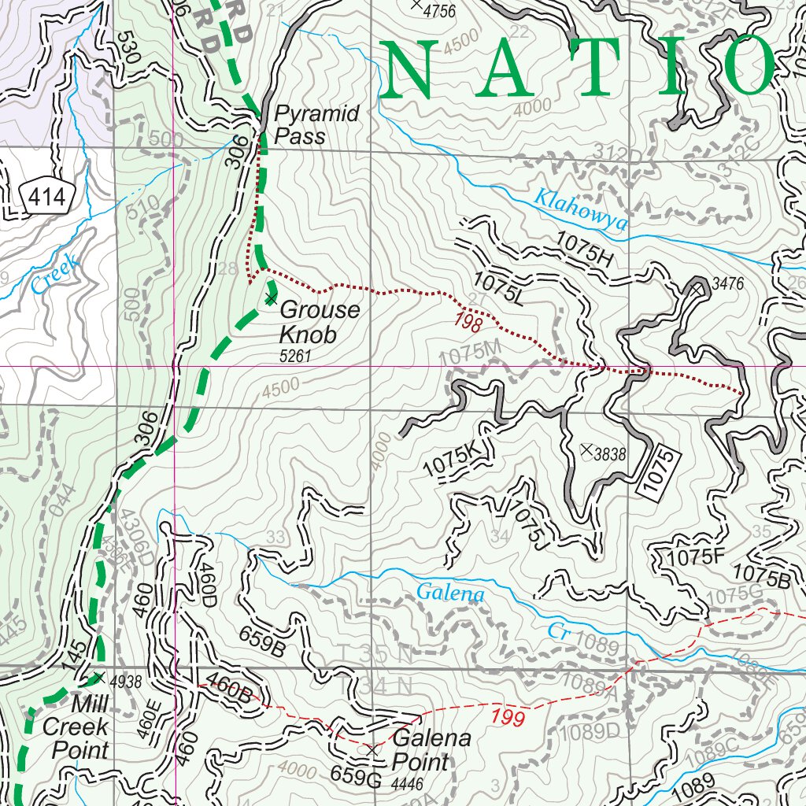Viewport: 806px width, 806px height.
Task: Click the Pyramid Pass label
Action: (x=316, y=125)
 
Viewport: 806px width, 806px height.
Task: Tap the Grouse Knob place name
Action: (x=319, y=322)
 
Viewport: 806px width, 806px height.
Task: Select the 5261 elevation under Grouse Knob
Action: (x=296, y=357)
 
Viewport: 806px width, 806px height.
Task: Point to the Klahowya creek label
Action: (x=581, y=211)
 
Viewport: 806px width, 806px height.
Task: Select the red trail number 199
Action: (x=508, y=717)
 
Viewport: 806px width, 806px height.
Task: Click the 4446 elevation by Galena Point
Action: (x=407, y=783)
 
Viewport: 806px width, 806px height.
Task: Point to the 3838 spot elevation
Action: (x=609, y=453)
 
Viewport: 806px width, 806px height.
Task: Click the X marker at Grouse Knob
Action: (x=271, y=299)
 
